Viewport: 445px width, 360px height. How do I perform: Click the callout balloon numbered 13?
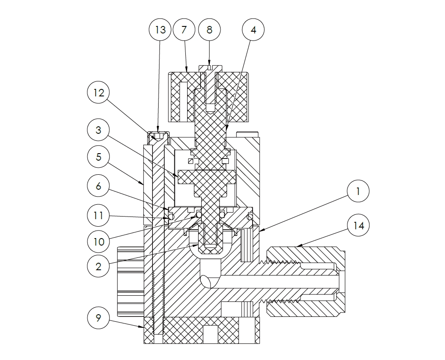(x=161, y=30)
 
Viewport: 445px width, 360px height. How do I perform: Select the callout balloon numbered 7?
(x=185, y=30)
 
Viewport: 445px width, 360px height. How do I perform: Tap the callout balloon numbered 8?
(x=209, y=30)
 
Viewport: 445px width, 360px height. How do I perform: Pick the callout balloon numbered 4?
(x=253, y=30)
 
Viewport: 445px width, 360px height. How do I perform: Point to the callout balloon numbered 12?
(x=98, y=93)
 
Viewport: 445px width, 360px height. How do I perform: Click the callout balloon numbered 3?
(x=98, y=130)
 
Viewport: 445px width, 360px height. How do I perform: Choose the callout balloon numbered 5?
(x=98, y=157)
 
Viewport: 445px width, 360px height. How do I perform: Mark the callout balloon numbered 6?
(x=98, y=186)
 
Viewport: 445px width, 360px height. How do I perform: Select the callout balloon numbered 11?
(x=98, y=215)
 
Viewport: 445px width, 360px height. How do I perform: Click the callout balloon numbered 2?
(x=98, y=266)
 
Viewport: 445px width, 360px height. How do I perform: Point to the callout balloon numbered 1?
(x=358, y=191)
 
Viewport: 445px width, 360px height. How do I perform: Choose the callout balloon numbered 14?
(x=358, y=225)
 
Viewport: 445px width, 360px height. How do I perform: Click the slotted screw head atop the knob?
(x=210, y=68)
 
